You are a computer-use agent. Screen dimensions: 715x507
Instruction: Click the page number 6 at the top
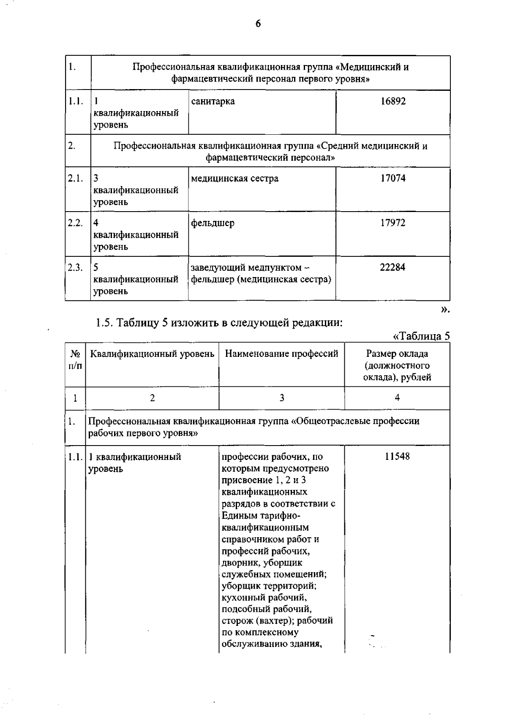[258, 24]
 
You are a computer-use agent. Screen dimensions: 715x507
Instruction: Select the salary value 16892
[393, 101]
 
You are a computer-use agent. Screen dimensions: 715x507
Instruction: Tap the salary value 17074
[393, 178]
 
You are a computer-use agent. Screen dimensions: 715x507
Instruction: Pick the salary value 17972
[393, 223]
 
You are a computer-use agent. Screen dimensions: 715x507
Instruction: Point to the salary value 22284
[393, 267]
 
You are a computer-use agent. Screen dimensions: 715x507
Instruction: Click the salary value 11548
[397, 457]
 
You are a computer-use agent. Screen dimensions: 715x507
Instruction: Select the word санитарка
[213, 101]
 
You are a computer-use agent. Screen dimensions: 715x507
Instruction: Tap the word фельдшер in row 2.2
[213, 223]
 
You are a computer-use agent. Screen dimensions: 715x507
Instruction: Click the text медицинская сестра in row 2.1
[234, 178]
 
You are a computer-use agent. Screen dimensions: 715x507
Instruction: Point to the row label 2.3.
[75, 267]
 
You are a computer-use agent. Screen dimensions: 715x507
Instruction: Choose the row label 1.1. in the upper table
[75, 101]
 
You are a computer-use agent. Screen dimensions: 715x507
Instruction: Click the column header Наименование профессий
[281, 354]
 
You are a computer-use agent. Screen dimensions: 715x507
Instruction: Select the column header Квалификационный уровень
[152, 354]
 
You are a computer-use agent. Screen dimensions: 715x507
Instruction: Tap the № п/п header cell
[75, 359]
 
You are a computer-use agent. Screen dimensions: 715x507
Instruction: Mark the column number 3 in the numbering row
[282, 398]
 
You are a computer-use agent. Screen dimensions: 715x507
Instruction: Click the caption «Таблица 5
[421, 336]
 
